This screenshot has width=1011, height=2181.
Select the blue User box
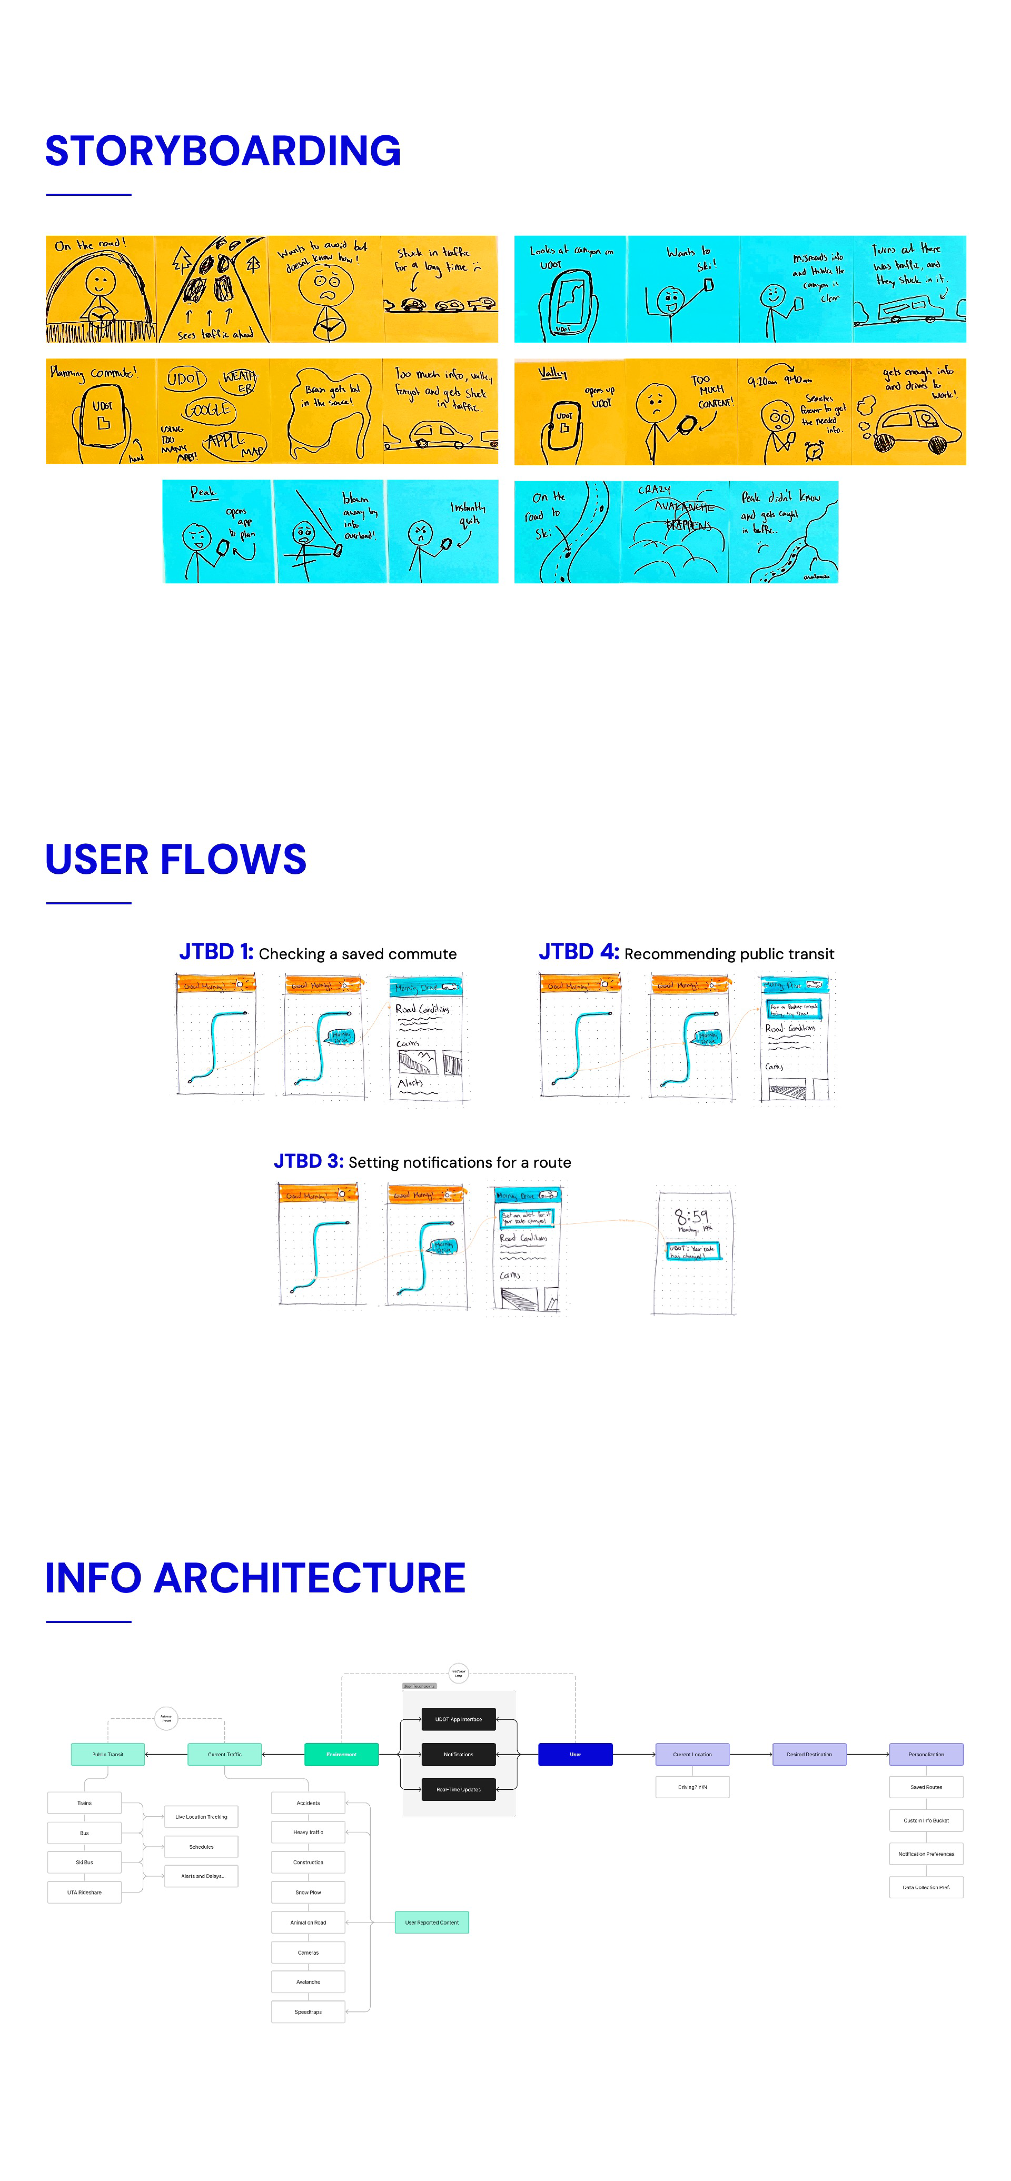575,1754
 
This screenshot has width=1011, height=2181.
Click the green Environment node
341,1754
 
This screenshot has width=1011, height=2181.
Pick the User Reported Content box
432,1922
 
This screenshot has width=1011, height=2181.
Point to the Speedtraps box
308,2012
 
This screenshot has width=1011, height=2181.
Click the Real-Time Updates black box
458,1789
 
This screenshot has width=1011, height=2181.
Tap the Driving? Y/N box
692,1786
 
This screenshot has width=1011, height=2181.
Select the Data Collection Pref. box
925,1887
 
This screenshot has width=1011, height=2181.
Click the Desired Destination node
809,1754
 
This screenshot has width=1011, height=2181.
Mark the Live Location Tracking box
201,1816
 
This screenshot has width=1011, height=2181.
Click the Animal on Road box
308,1922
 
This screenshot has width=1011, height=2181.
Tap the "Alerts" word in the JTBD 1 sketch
411,1083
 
